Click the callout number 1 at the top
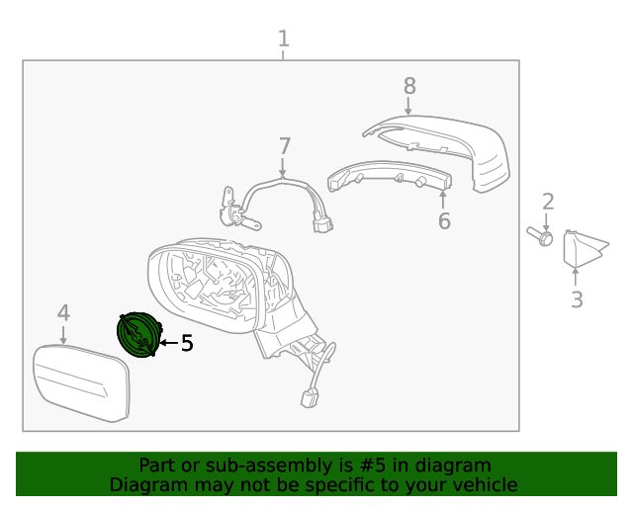pyautogui.click(x=284, y=39)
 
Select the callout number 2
pyautogui.click(x=547, y=202)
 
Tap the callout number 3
pyautogui.click(x=577, y=299)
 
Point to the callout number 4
pyautogui.click(x=63, y=313)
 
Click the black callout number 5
pyautogui.click(x=187, y=343)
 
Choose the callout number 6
pyautogui.click(x=444, y=221)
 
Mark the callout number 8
pyautogui.click(x=409, y=86)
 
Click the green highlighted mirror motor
pyautogui.click(x=137, y=335)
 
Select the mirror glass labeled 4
pyautogui.click(x=81, y=383)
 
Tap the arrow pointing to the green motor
pyautogui.click(x=167, y=343)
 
